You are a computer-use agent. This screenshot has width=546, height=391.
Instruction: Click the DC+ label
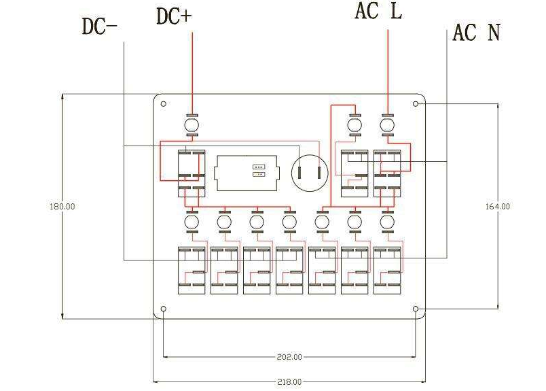(174, 16)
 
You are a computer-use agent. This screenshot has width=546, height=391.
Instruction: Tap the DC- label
(99, 27)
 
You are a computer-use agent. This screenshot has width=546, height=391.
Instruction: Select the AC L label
(378, 12)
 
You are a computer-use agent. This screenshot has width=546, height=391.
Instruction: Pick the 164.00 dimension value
(497, 206)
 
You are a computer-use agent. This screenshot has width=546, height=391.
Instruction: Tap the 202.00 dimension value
(289, 356)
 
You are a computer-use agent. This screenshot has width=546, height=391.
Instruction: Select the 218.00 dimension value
(289, 382)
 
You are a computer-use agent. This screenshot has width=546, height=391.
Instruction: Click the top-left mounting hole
(163, 104)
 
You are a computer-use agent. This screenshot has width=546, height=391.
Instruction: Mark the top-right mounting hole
(416, 104)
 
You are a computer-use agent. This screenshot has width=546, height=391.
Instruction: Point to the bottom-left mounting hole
(163, 309)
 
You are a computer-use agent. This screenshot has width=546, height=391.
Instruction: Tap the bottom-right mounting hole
(416, 309)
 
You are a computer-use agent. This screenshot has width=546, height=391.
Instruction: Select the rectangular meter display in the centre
(246, 174)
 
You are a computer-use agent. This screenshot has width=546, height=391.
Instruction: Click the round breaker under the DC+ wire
(192, 125)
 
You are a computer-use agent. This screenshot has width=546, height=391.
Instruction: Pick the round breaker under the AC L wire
(388, 125)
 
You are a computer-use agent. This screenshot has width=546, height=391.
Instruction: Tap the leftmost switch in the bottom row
(192, 270)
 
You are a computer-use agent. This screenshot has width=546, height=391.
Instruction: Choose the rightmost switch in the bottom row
(387, 270)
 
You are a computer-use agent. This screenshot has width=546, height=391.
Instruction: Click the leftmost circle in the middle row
(192, 222)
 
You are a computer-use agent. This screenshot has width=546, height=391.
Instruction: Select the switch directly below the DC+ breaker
(192, 173)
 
